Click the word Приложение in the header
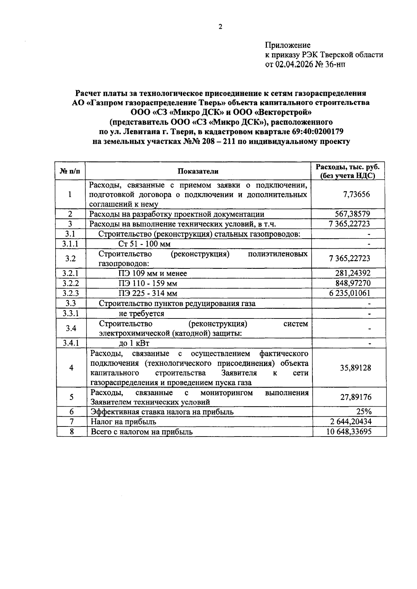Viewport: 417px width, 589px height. tap(288, 45)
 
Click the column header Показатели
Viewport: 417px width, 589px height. tap(198, 171)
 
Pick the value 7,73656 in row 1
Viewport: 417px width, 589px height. tap(357, 194)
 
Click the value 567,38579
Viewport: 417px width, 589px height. tap(352, 214)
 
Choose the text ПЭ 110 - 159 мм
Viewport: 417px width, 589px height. tap(148, 284)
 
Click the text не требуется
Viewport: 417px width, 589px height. tap(141, 314)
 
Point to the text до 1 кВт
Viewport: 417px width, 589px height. tap(134, 344)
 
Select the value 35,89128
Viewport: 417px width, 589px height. tap(355, 368)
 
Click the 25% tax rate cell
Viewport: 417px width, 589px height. tap(364, 412)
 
